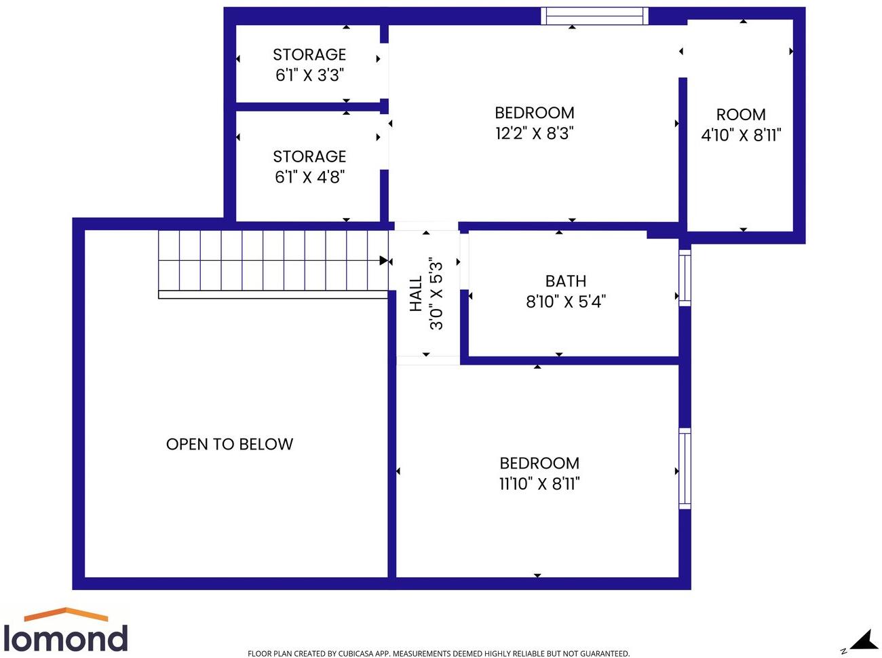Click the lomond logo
tap(65, 631)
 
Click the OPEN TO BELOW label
tap(229, 444)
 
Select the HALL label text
tap(416, 294)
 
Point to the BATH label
tap(566, 281)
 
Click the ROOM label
tap(741, 115)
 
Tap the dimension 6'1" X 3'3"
tap(309, 75)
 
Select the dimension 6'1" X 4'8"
tap(309, 177)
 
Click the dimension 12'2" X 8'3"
tap(535, 133)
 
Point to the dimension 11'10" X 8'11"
tap(539, 483)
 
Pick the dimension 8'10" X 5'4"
tap(566, 301)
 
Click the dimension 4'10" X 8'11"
tap(741, 135)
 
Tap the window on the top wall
tap(594, 16)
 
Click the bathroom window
tap(685, 278)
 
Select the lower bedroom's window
tap(685, 469)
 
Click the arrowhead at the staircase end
tap(385, 261)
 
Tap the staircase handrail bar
tap(273, 295)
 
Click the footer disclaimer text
tap(438, 653)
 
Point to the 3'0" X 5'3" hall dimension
tap(436, 294)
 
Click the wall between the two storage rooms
tap(307, 107)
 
